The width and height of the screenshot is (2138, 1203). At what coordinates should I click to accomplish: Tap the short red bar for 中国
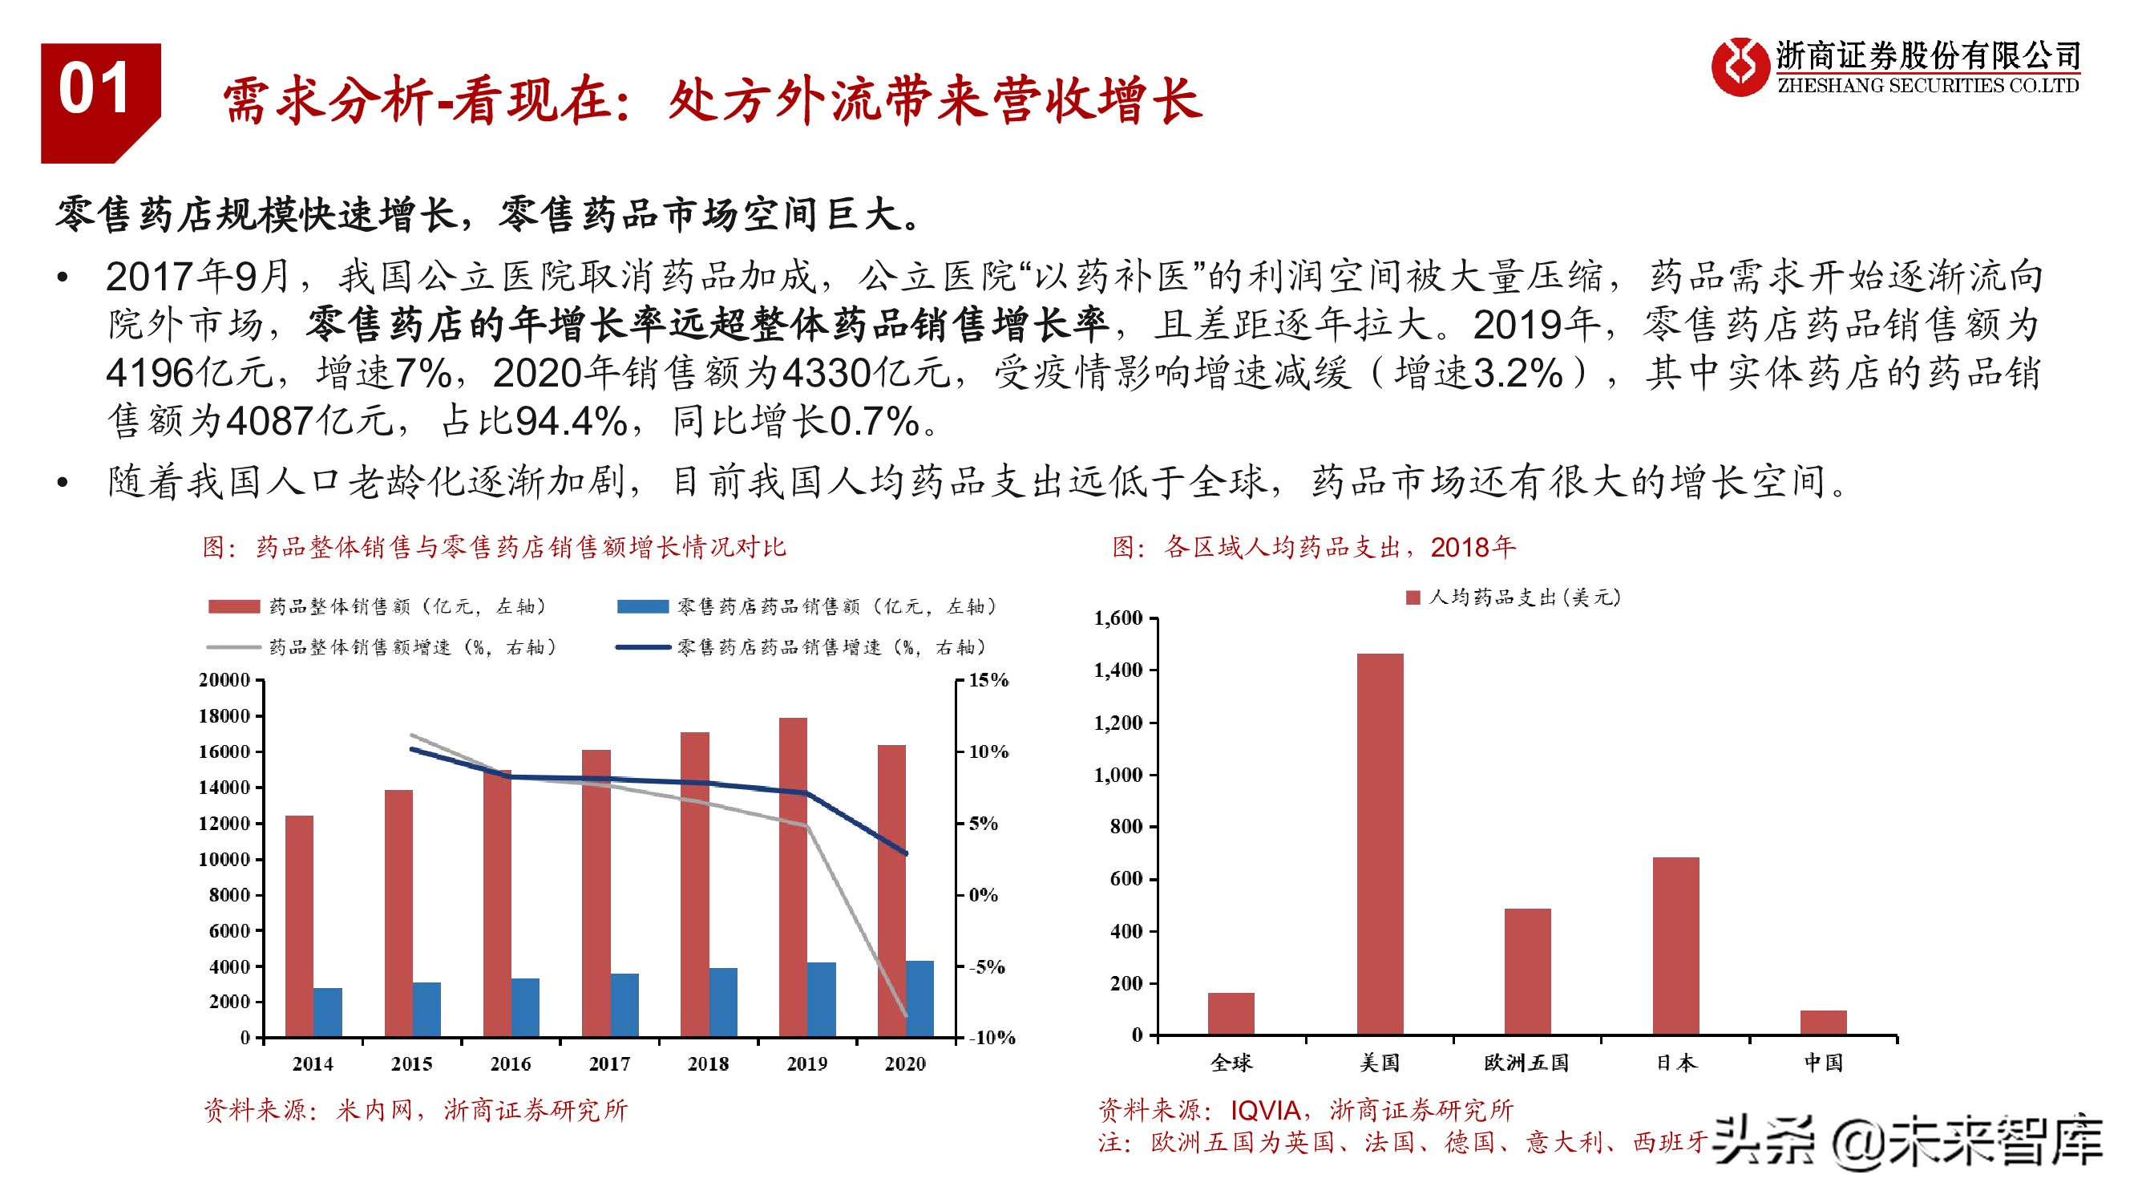click(x=1824, y=1022)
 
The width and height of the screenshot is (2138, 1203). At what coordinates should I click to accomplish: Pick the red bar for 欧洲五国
click(x=1527, y=970)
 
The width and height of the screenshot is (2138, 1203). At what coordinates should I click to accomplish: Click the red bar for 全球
click(x=1231, y=1013)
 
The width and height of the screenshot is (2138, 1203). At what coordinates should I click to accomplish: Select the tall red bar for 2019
click(x=793, y=876)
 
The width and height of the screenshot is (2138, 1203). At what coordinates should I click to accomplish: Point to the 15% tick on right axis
click(x=988, y=680)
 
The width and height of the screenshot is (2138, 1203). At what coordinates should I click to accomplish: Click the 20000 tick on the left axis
click(x=224, y=680)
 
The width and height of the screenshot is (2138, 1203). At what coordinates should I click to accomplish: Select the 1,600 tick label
click(x=1118, y=618)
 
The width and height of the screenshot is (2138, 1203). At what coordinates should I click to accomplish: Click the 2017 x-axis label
click(x=609, y=1063)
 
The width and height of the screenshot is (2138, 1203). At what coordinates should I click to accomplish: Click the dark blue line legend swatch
click(x=642, y=646)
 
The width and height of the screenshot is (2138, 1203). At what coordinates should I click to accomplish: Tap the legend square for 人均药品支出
click(x=1413, y=597)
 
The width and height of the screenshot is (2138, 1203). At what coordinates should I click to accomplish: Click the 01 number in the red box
click(x=94, y=89)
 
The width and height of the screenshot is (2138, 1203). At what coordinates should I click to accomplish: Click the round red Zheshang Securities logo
click(x=1739, y=67)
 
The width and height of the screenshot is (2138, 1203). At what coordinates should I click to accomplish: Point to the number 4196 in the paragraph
click(x=149, y=373)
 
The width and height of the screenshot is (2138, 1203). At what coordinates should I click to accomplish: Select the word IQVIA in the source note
click(x=1265, y=1110)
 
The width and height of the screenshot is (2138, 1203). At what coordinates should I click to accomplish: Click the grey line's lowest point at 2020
click(x=906, y=1015)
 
